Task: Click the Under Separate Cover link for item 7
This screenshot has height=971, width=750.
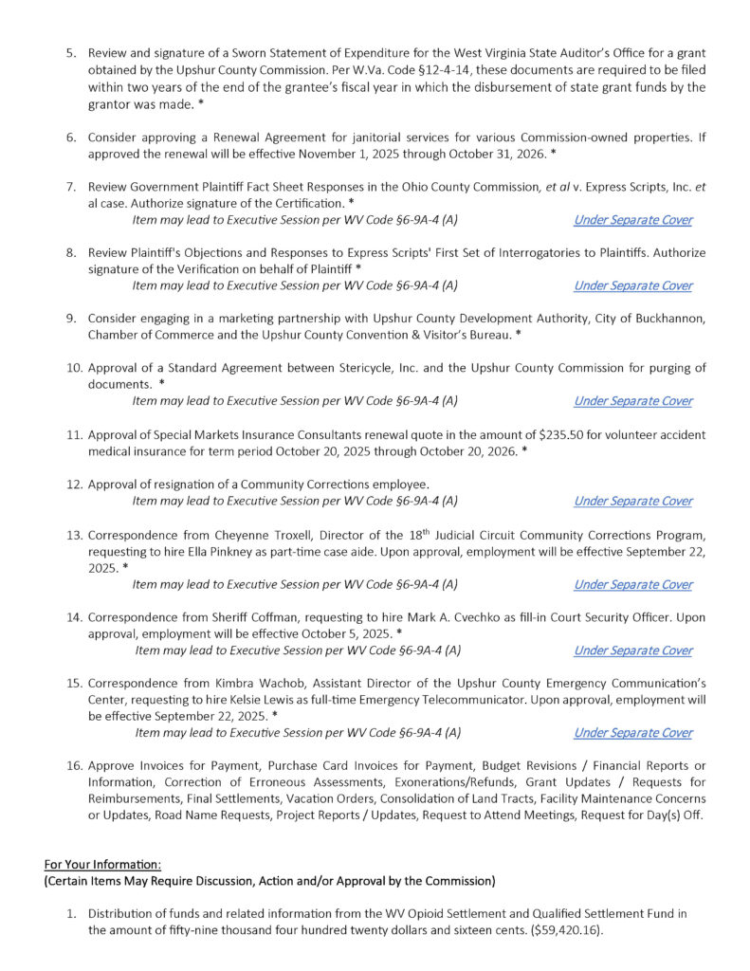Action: pyautogui.click(x=632, y=220)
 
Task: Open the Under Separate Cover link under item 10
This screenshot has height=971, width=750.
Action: pyautogui.click(x=632, y=401)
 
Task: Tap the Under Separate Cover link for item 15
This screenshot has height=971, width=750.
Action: pyautogui.click(x=632, y=733)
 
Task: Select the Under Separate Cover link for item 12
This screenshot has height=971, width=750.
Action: pyautogui.click(x=632, y=501)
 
